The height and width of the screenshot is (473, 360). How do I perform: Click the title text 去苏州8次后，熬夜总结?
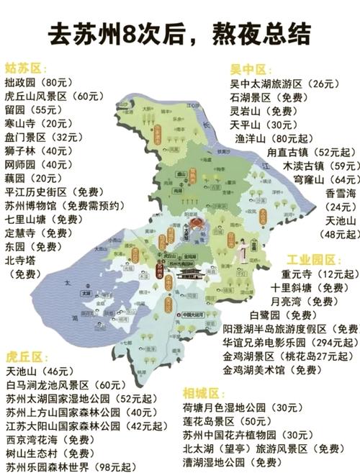click(x=180, y=32)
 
